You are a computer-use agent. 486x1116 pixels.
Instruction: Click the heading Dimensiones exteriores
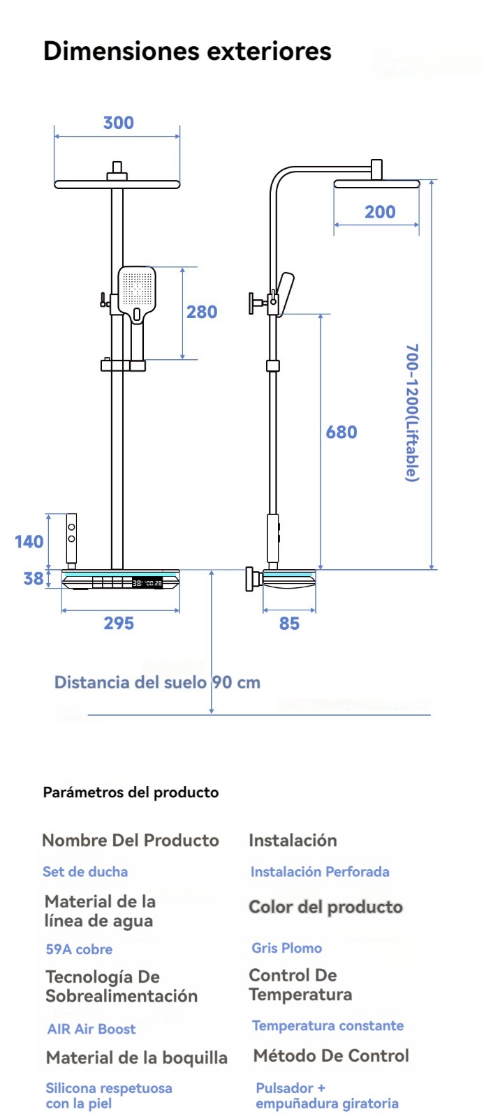[x=187, y=52]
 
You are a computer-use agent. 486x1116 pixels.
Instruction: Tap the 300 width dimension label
[x=119, y=123]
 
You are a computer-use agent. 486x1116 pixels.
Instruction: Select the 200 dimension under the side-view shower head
[x=381, y=212]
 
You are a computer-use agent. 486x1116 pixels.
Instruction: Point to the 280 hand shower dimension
[x=202, y=312]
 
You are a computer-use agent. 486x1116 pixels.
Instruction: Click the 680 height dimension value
[x=341, y=432]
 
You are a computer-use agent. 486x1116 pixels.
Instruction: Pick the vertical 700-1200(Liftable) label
[x=412, y=412]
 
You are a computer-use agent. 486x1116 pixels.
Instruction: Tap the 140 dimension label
[x=29, y=541]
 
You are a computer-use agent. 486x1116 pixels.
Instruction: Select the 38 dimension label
[x=34, y=578]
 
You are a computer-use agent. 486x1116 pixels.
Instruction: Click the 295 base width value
[x=119, y=623]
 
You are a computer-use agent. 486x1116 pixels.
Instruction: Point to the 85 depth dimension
[x=289, y=624]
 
